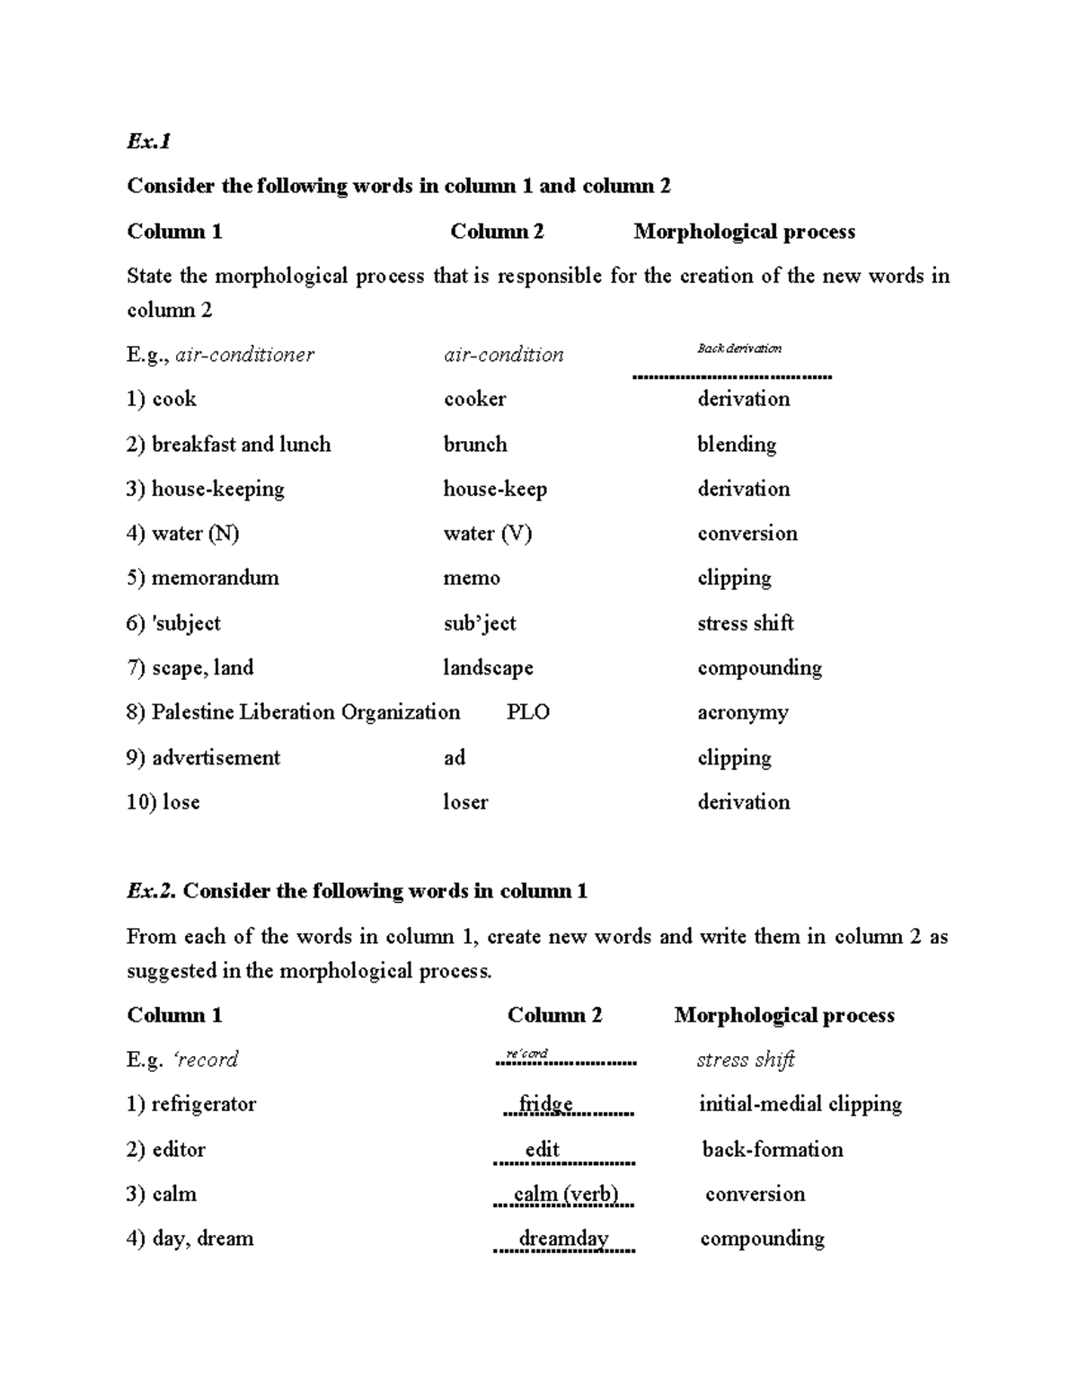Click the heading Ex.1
click(x=148, y=141)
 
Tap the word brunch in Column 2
click(x=475, y=445)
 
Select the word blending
click(x=737, y=445)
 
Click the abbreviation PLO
click(x=528, y=712)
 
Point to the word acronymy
click(x=743, y=713)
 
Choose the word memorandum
click(x=215, y=578)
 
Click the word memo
click(x=472, y=578)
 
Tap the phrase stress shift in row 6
click(x=746, y=623)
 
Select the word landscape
click(x=488, y=668)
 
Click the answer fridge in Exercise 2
click(x=545, y=1104)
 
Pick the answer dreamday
click(x=564, y=1239)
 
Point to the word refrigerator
click(x=203, y=1104)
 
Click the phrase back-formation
click(x=773, y=1150)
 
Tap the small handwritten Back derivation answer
click(x=739, y=349)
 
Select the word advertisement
click(x=216, y=757)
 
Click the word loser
click(x=465, y=802)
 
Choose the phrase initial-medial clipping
click(x=800, y=1104)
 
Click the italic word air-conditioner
click(x=244, y=355)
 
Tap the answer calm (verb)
click(x=566, y=1195)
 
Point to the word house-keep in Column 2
click(x=495, y=490)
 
